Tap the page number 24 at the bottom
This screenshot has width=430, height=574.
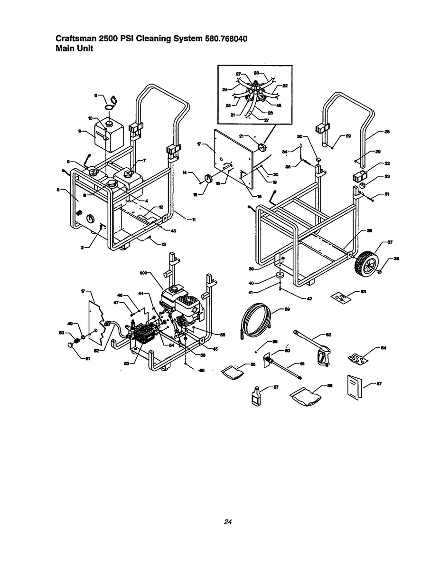[x=228, y=522]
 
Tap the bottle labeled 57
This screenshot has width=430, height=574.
[x=256, y=395]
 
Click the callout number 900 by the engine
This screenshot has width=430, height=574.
[x=143, y=273]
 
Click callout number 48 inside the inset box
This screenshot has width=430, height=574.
[x=279, y=106]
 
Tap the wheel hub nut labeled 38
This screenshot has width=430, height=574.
[x=381, y=272]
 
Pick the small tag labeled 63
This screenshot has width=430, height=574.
[x=340, y=297]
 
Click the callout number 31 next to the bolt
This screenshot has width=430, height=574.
[x=388, y=193]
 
